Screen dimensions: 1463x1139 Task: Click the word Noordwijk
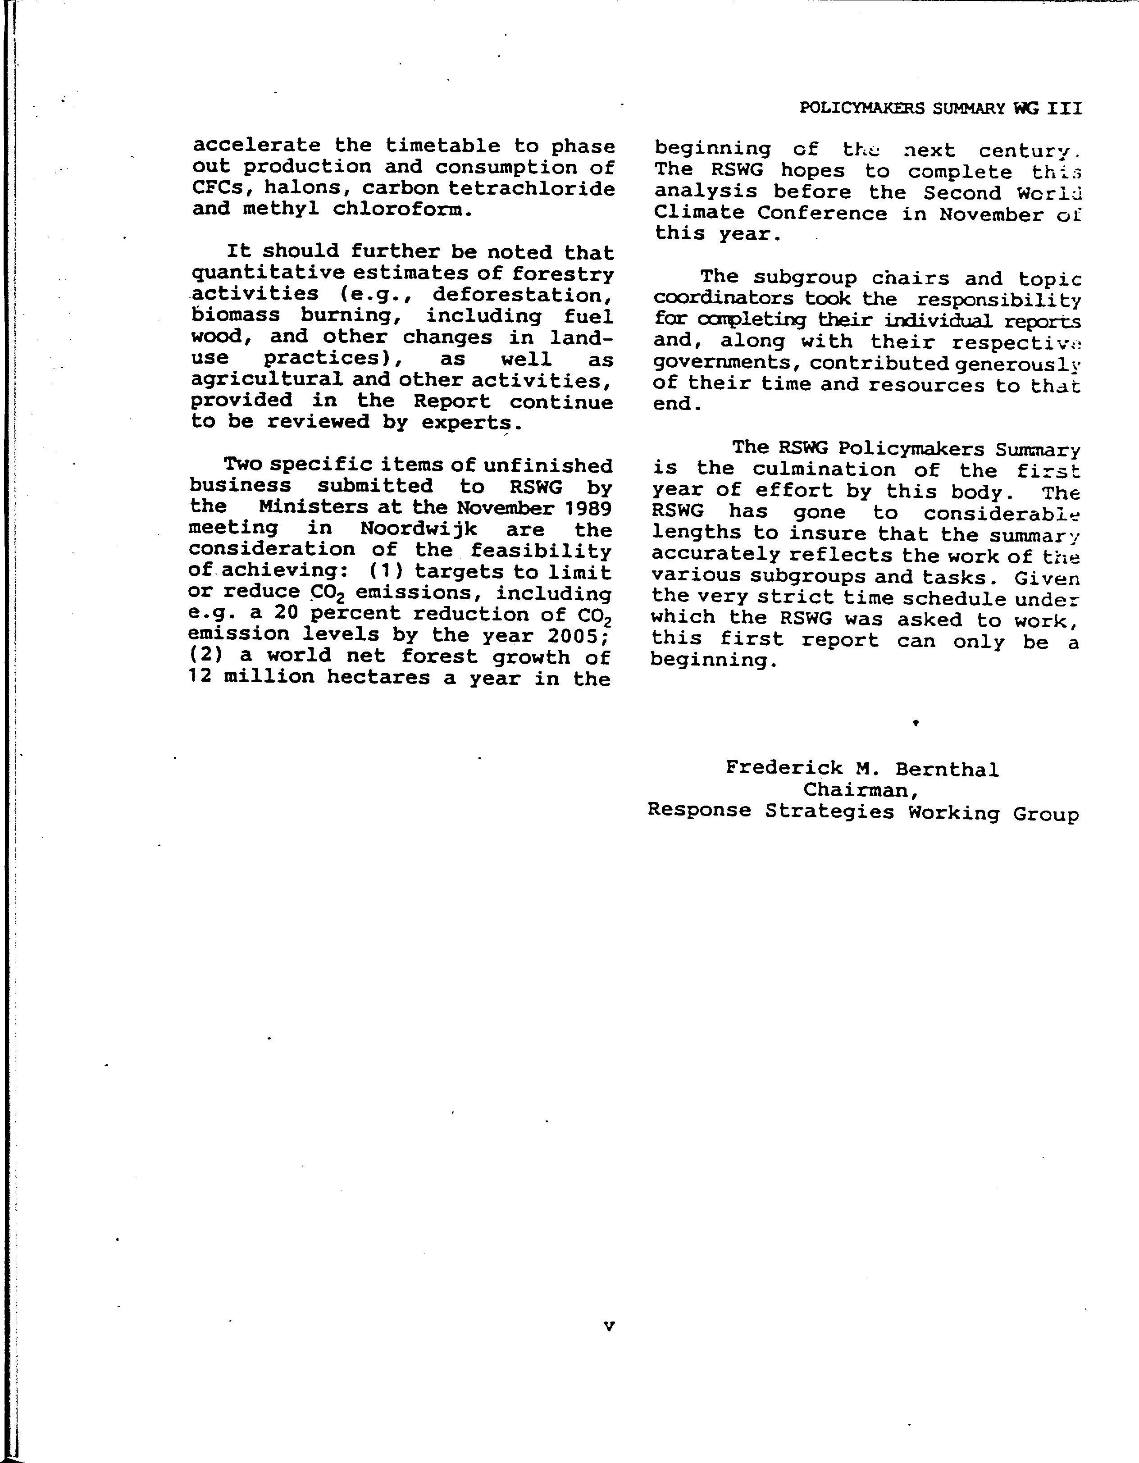418,529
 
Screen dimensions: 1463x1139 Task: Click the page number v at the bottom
608,1325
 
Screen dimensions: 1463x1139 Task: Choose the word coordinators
723,299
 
